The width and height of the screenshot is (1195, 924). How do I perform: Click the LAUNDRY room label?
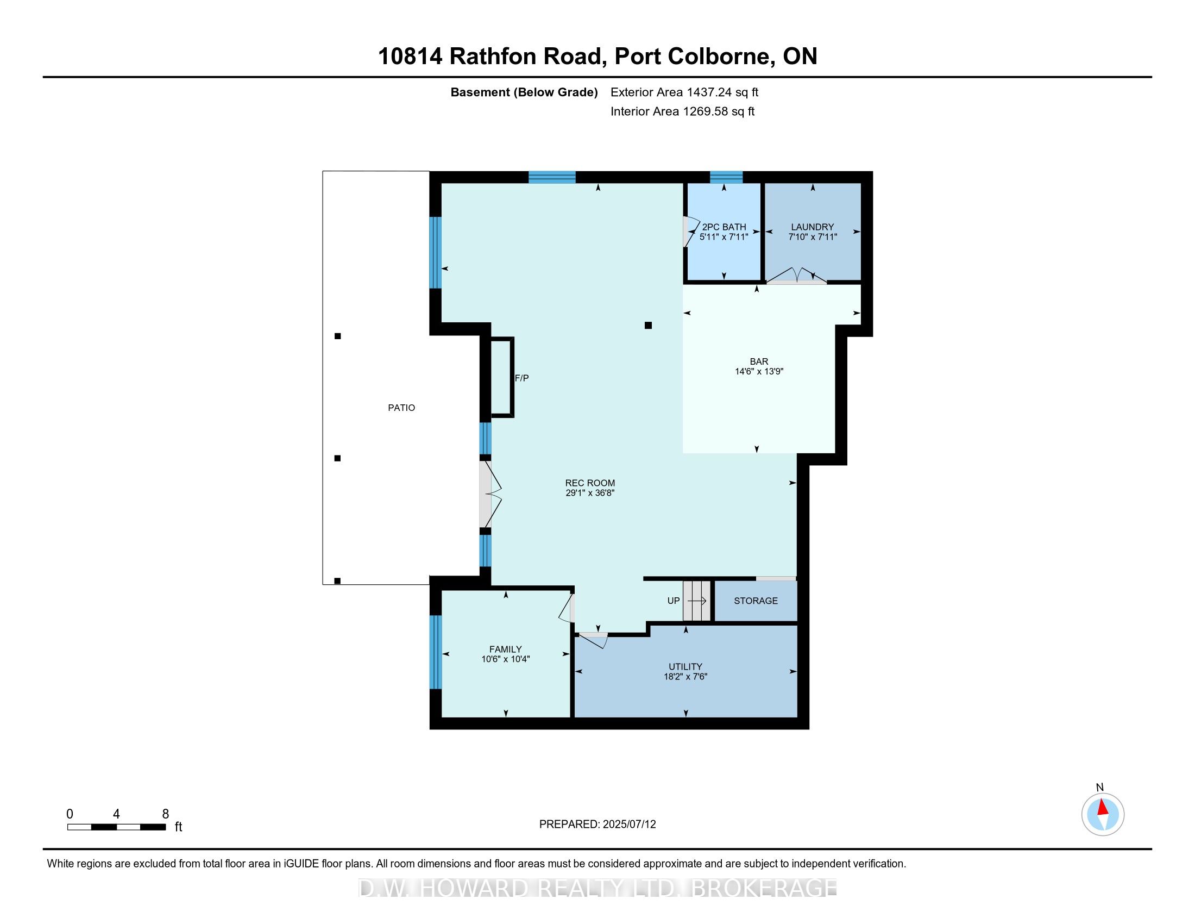coord(812,227)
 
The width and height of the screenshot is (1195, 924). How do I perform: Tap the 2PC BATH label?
coord(724,227)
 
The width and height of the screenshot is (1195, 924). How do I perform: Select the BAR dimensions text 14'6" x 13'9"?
coord(759,371)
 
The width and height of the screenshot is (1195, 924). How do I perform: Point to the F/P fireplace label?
coord(521,378)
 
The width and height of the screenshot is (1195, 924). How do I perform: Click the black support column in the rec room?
coord(648,325)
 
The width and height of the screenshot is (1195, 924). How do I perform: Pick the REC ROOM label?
coord(590,483)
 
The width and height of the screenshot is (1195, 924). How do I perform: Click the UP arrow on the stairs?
coord(696,601)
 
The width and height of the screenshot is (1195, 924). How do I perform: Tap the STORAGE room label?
coord(755,601)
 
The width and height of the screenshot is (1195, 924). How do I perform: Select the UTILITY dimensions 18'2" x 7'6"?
coord(685,677)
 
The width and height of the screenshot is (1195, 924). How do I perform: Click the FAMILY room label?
coord(505,649)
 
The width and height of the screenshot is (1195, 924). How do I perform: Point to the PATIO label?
coord(401,408)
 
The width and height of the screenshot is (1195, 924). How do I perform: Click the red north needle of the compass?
coord(1103,807)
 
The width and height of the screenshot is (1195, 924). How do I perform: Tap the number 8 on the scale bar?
coord(165,814)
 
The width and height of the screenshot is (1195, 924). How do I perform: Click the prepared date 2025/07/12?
coord(628,825)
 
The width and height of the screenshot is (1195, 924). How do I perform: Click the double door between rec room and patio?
coord(487,494)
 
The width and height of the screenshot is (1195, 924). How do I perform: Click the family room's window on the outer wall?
coord(435,652)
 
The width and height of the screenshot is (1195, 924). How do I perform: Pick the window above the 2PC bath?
coord(726,177)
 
